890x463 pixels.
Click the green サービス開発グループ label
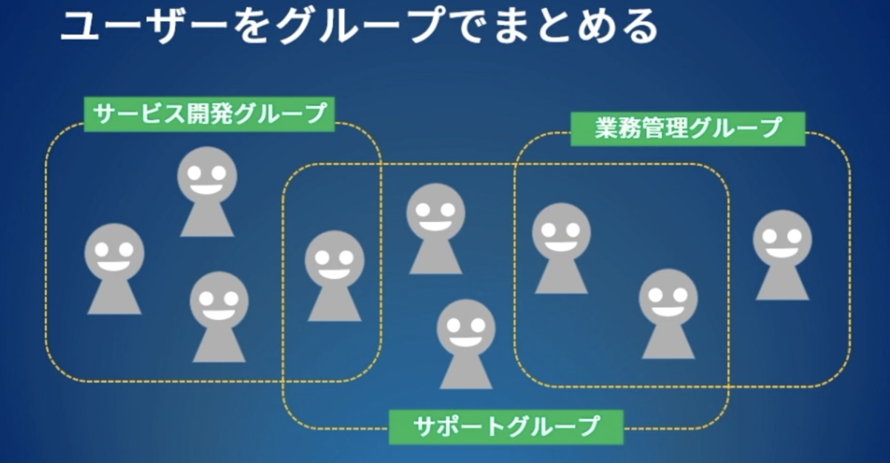[x=208, y=114]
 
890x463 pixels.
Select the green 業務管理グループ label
[x=688, y=128]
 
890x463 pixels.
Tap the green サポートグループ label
[x=507, y=426]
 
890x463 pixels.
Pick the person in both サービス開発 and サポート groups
[x=334, y=275]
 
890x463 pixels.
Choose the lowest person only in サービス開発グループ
[x=219, y=316]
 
